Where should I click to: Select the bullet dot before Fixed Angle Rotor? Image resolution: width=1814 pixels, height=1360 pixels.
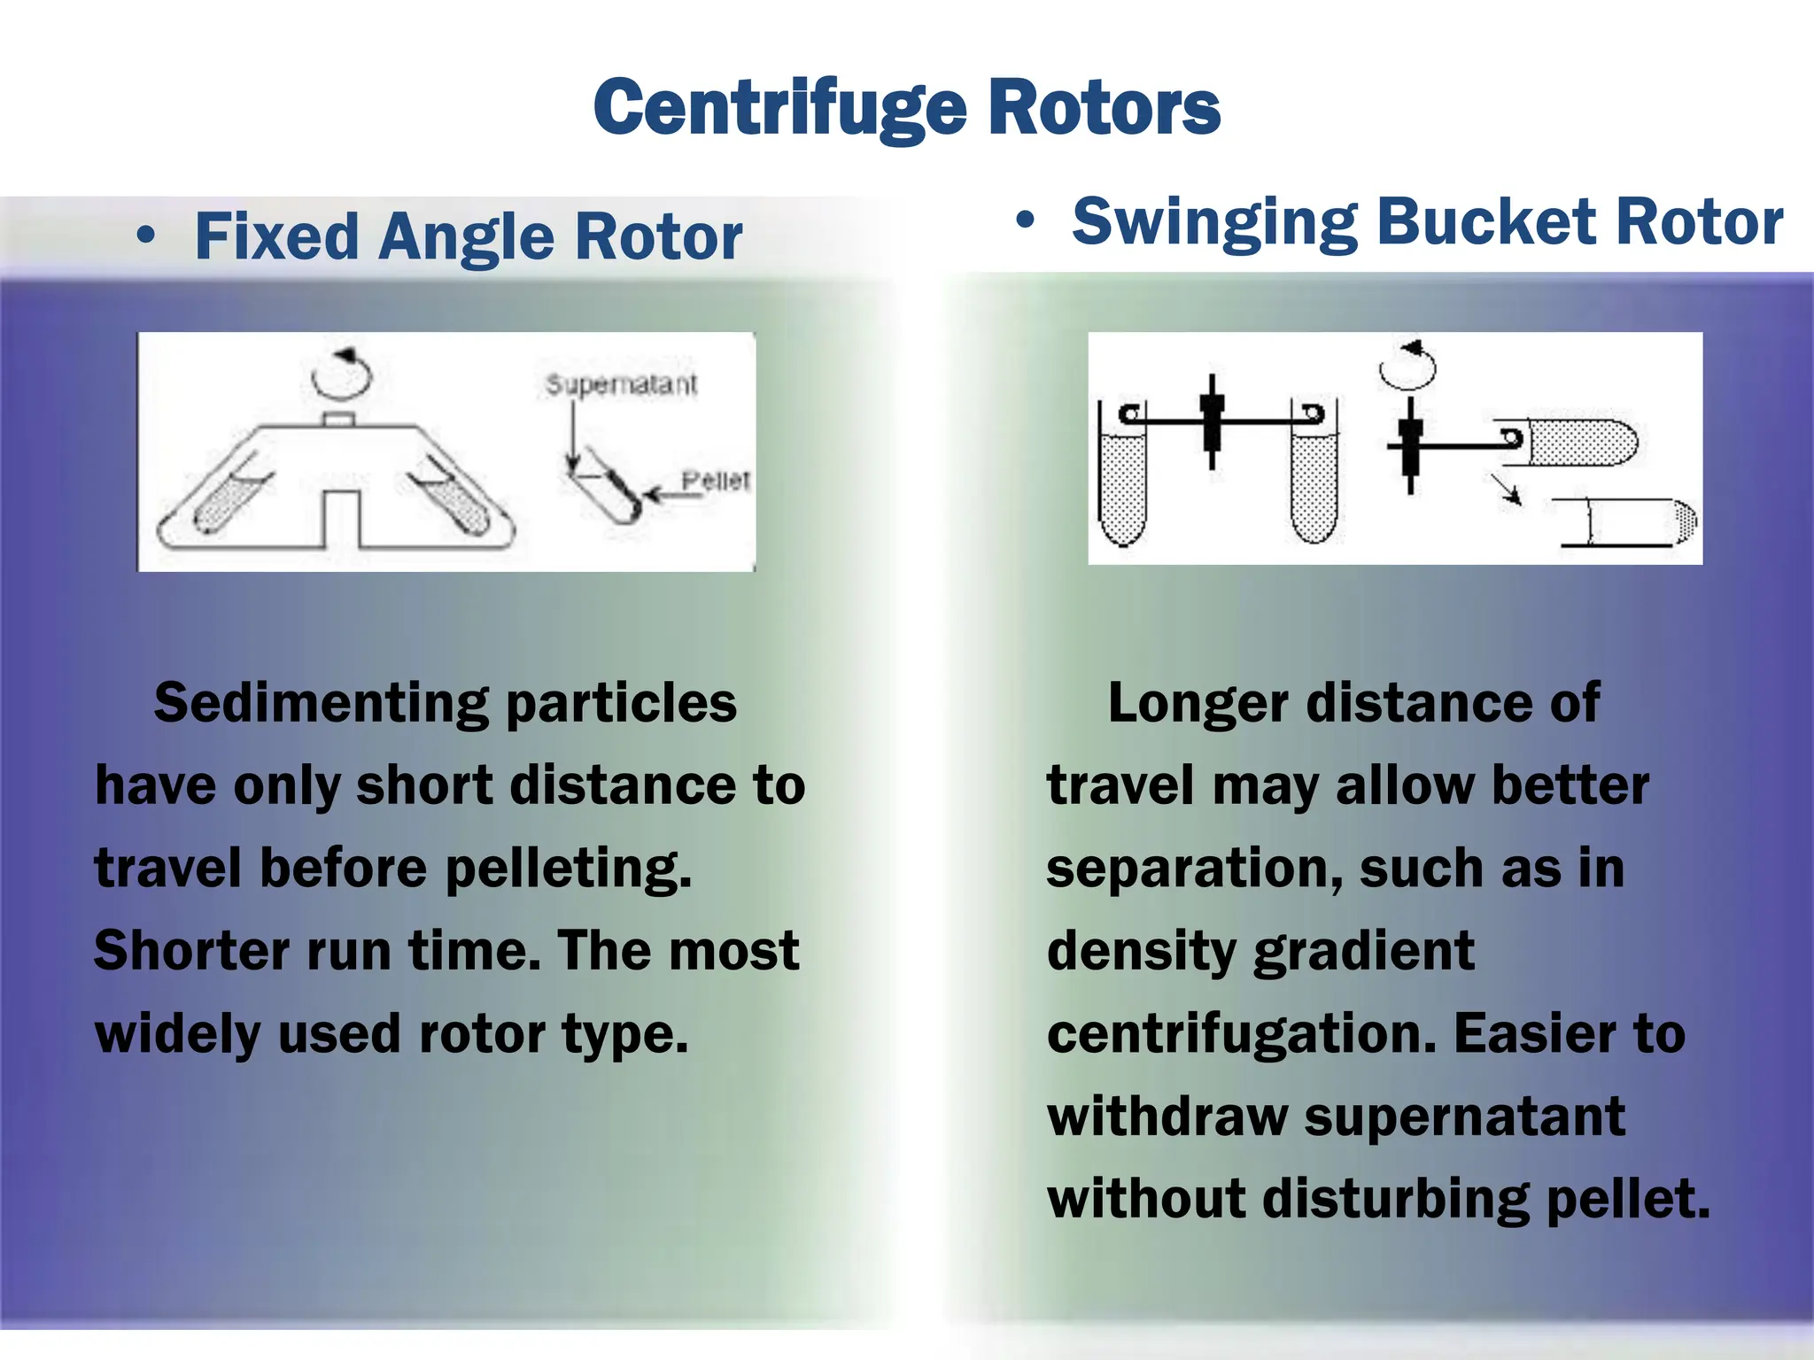coord(146,236)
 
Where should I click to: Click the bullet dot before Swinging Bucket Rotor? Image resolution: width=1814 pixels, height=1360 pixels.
coord(1025,220)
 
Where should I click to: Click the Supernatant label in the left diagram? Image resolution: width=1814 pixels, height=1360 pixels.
coord(621,384)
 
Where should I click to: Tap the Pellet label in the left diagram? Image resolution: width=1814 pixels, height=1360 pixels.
coord(715,480)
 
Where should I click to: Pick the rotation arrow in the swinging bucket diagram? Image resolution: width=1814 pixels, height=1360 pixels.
coord(1407,366)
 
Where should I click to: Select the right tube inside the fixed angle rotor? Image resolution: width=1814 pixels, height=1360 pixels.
coord(448,501)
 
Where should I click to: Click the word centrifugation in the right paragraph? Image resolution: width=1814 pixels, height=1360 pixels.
coord(1241,1034)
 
